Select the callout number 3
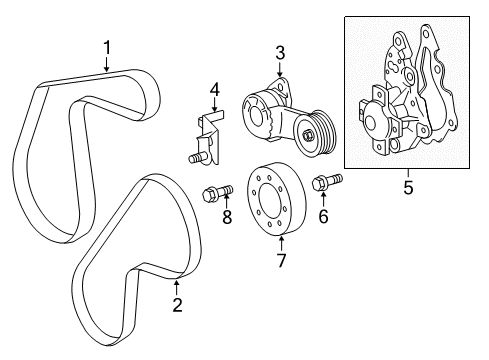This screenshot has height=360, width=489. coord(281,52)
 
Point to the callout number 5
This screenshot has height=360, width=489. coord(407,185)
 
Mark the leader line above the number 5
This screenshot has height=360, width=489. coord(407,172)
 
